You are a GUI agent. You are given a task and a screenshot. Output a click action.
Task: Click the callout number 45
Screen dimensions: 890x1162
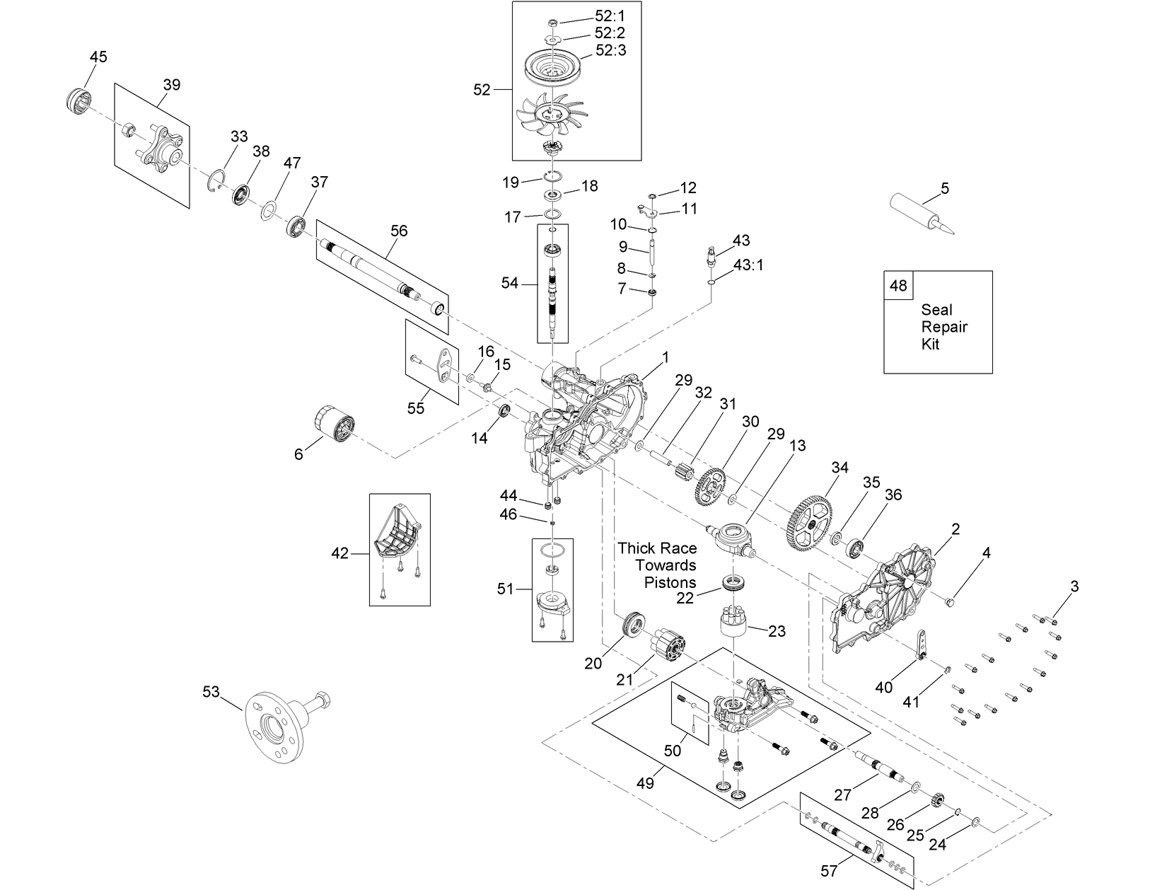[98, 57]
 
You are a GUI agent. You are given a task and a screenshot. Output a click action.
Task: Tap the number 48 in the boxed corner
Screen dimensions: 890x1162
[897, 286]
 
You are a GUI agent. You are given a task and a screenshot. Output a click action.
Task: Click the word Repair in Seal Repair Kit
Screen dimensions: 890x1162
[943, 327]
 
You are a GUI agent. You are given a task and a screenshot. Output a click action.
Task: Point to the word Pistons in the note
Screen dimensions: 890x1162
[670, 582]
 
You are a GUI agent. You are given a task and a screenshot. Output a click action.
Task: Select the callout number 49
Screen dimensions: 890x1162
[645, 783]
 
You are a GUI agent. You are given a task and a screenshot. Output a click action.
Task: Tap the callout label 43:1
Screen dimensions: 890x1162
[748, 265]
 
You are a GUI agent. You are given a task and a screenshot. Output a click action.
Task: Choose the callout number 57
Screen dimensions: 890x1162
[829, 871]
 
